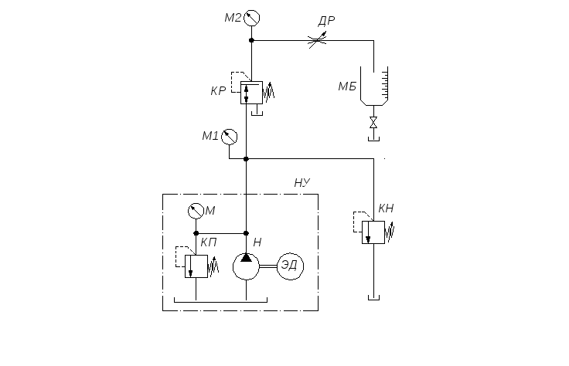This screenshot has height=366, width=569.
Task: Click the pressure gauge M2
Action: pos(251,18)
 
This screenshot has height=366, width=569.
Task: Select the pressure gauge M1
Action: pos(229,137)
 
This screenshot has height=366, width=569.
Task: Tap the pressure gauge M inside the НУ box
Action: pos(196,211)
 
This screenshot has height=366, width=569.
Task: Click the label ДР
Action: pos(326,22)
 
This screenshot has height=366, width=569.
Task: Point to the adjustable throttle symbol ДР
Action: pos(318,40)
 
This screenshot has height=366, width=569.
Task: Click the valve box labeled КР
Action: pos(251,93)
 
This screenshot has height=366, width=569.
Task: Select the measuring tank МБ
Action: pos(374,86)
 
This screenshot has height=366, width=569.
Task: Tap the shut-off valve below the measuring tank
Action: pos(373,123)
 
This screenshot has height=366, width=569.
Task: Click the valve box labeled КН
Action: pos(373,232)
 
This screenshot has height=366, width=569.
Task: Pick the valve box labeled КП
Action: pos(196,266)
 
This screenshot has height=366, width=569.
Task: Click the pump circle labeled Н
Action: pos(246,266)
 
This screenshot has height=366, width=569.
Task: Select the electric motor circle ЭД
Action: pos(291,266)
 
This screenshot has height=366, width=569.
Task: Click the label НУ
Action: pos(302,183)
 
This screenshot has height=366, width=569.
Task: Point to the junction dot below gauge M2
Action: pos(251,40)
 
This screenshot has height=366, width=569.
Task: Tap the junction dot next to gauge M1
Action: pos(246,159)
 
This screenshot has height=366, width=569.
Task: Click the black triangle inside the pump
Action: pos(246,258)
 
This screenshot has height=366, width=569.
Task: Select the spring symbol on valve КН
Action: pos(390,233)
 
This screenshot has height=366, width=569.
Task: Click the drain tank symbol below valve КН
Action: pos(373,297)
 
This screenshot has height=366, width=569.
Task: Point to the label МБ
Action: pos(347,86)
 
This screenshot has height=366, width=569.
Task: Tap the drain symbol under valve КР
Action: pos(257,113)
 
